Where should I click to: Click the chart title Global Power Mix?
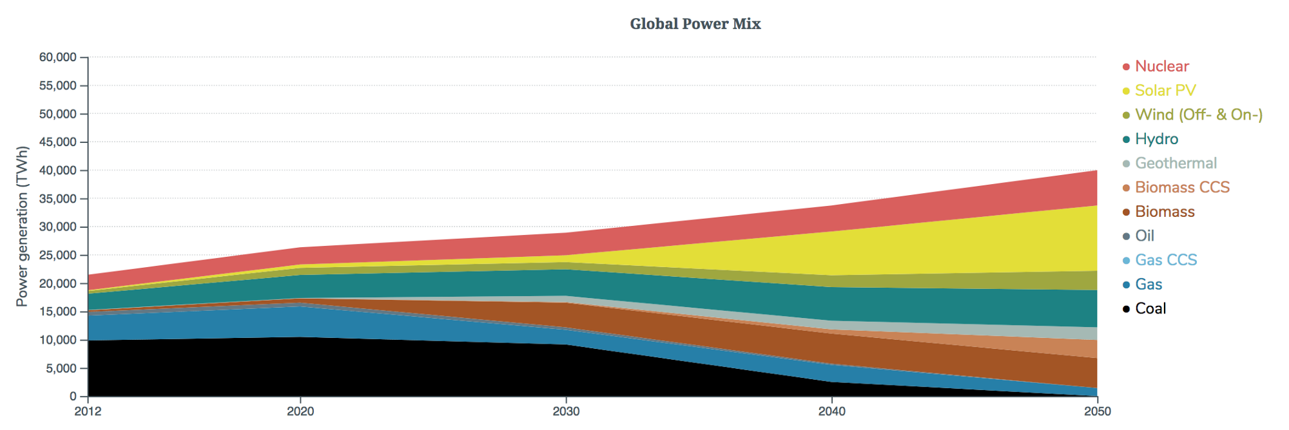pyautogui.click(x=695, y=24)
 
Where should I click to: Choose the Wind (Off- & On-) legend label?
pyautogui.click(x=1198, y=115)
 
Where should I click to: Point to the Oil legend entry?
pyautogui.click(x=1144, y=236)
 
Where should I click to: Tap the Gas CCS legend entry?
pyautogui.click(x=1165, y=260)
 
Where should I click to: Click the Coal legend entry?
pyautogui.click(x=1150, y=308)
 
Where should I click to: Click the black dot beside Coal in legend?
pyautogui.click(x=1126, y=309)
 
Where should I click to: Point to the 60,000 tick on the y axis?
pyautogui.click(x=57, y=57)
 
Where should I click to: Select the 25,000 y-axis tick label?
pyautogui.click(x=57, y=256)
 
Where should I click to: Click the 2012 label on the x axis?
pyautogui.click(x=88, y=411)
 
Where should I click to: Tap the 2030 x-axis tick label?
pyautogui.click(x=566, y=411)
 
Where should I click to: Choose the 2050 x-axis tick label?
pyautogui.click(x=1097, y=411)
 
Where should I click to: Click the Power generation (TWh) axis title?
pyautogui.click(x=22, y=227)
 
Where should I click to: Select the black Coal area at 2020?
pyautogui.click(x=300, y=367)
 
